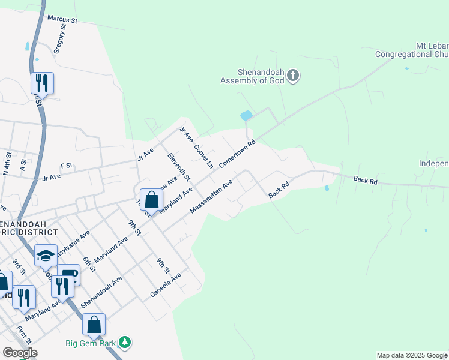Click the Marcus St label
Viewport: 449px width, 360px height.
tap(62, 20)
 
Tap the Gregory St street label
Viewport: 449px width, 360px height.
tap(59, 40)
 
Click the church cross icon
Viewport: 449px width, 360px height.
tap(292, 76)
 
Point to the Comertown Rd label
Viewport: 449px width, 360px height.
tap(237, 154)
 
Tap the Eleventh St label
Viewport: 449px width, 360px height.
tap(179, 167)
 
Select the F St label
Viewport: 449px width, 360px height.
tap(66, 165)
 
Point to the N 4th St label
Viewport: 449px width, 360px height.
tap(7, 164)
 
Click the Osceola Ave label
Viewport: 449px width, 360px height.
tap(166, 286)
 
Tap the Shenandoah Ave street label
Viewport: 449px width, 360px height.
tap(101, 292)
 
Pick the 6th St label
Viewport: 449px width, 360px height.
tap(89, 263)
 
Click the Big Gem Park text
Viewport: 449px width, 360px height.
tap(92, 343)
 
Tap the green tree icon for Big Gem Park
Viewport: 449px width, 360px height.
tap(125, 343)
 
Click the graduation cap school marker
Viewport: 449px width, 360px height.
tap(46, 256)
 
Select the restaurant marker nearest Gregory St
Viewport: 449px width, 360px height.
tap(42, 83)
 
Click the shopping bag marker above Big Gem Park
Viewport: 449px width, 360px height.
tap(94, 325)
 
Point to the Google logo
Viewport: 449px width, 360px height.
tap(20, 353)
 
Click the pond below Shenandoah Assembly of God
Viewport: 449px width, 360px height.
tap(246, 115)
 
